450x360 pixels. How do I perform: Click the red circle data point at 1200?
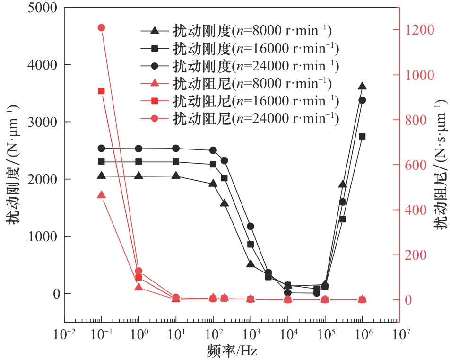coord(101,28)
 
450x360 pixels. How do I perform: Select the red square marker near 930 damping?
coord(101,91)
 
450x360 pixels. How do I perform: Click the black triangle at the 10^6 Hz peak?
coord(362,86)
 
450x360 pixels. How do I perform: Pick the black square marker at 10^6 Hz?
coord(362,137)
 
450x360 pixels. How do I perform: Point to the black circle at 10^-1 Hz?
coord(101,148)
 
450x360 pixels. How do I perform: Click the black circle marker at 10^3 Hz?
coord(251,227)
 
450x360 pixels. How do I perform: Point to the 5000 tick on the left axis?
coord(40,8)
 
